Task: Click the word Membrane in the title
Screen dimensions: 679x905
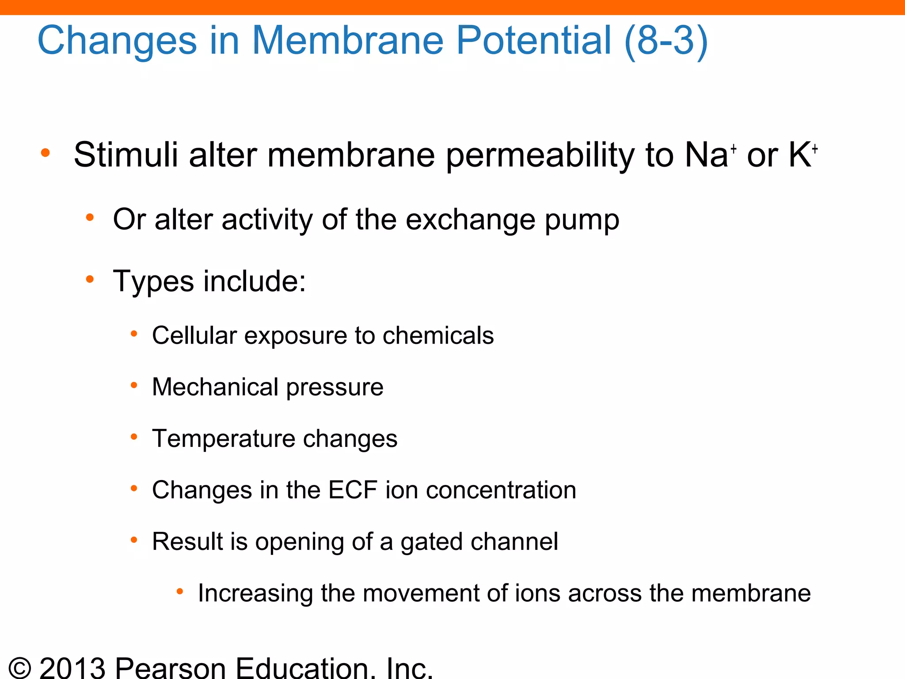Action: [x=347, y=40]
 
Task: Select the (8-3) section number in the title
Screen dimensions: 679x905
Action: [x=666, y=41]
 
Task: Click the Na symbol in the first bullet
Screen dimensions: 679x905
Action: [x=706, y=155]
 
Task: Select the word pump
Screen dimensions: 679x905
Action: [x=582, y=220]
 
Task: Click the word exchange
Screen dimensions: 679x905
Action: [x=471, y=219]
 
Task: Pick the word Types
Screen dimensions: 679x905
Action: [x=153, y=281]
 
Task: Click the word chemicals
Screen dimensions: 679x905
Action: [x=438, y=336]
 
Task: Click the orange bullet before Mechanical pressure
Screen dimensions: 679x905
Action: [x=134, y=386]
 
